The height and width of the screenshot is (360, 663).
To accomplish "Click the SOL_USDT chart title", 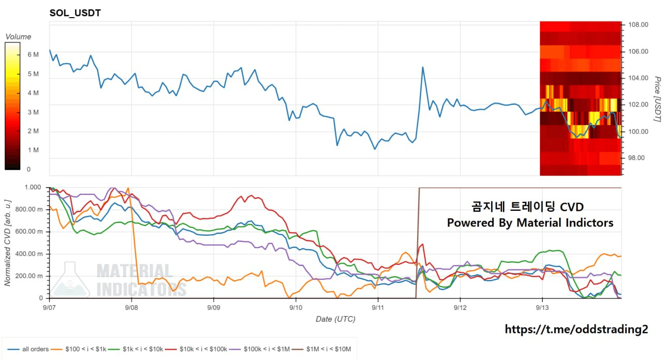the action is click(x=75, y=13).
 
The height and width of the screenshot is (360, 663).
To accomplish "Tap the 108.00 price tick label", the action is click(x=638, y=24).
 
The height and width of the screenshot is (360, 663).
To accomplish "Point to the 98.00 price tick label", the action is click(x=637, y=158).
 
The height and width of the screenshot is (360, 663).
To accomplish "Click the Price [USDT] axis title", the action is click(x=657, y=99).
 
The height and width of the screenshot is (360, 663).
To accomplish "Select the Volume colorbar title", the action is click(x=18, y=37).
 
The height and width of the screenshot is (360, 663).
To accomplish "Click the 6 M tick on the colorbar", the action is click(x=33, y=54).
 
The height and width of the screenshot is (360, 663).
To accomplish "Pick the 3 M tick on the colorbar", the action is click(x=33, y=112).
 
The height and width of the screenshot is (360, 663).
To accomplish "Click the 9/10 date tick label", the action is click(x=296, y=308).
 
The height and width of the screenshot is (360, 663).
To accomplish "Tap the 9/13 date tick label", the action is click(x=542, y=308).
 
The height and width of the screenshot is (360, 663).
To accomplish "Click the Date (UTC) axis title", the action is click(x=335, y=319).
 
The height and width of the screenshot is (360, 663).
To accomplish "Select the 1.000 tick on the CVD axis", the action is click(x=33, y=187).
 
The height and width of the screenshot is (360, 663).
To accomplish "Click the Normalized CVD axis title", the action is click(x=7, y=243).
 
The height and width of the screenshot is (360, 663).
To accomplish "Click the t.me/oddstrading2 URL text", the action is click(x=576, y=329).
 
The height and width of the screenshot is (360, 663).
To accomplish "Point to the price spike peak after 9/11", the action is click(x=423, y=67).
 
